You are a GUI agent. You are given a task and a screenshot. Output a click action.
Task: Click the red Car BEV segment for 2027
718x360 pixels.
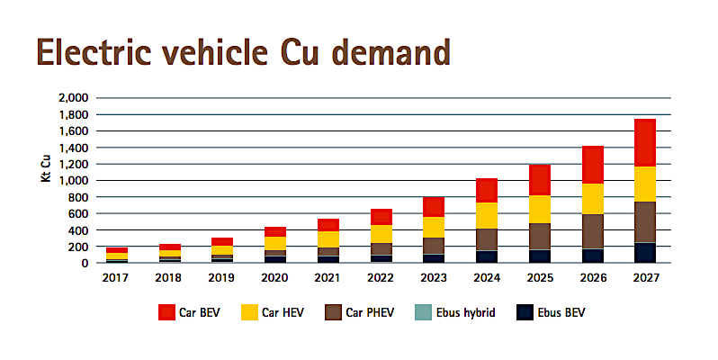[x=644, y=142]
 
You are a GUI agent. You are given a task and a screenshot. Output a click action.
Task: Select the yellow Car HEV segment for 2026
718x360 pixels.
[x=591, y=198]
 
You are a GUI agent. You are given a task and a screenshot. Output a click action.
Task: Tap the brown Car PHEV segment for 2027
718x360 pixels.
[x=644, y=221]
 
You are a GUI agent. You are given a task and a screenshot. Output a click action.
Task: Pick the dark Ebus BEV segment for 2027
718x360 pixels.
[x=644, y=253]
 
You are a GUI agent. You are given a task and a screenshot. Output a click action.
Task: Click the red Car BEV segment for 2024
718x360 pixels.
[x=486, y=190]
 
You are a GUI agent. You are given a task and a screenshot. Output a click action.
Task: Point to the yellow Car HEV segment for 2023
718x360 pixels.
[x=433, y=227]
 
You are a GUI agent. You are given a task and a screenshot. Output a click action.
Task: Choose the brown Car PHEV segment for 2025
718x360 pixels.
[x=539, y=236]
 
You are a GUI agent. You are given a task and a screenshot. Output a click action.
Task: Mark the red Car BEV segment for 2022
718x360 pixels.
[x=381, y=217]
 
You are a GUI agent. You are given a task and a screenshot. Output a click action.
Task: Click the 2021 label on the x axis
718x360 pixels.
[x=328, y=278]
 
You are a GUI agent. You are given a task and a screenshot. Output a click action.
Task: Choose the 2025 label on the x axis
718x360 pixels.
[x=539, y=278]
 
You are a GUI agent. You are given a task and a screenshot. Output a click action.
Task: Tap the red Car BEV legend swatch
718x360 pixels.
[x=166, y=313]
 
